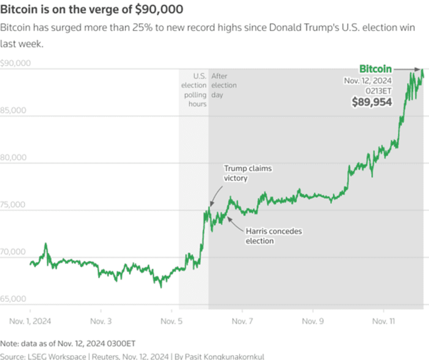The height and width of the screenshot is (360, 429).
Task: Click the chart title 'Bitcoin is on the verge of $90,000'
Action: pos(92,9)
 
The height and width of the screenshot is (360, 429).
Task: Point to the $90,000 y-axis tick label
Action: pos(15,63)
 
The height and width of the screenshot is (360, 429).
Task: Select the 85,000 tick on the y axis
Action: pos(14,110)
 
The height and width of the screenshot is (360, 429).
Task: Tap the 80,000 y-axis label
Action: pos(14,158)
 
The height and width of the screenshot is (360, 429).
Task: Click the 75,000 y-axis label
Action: pos(14,205)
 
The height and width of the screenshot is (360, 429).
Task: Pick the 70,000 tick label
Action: pos(14,252)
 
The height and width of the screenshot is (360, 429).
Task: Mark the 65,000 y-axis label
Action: pos(14,300)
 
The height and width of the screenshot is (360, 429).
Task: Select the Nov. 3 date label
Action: pos(100,320)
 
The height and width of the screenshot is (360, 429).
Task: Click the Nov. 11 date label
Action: pos(381,320)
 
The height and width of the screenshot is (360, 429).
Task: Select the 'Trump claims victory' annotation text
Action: pos(247,173)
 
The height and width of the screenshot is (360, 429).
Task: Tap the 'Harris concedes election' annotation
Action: pos(273,236)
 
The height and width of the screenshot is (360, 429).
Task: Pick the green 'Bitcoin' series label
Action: pos(375,69)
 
